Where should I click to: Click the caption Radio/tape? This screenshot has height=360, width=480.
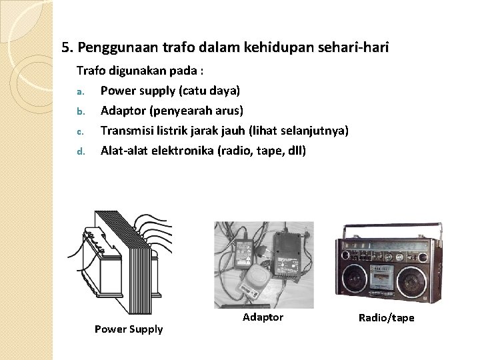[387, 318]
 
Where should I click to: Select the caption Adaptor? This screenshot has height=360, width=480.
[263, 317]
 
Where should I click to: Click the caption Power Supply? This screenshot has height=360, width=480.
[129, 329]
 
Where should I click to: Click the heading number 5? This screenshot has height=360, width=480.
[66, 48]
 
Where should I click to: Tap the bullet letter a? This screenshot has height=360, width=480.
[79, 90]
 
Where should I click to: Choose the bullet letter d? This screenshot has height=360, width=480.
[79, 151]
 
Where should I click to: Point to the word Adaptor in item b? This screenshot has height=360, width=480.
[123, 110]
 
